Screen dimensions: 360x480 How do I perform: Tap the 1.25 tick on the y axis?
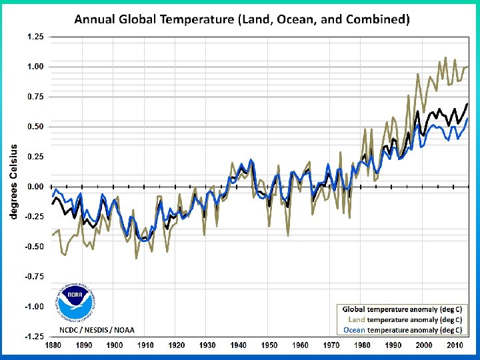tap(35, 37)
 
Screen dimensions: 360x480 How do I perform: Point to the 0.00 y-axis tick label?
tap(35, 187)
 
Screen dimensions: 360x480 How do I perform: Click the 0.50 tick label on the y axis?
tap(35, 127)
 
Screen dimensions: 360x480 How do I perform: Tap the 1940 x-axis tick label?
tap(238, 345)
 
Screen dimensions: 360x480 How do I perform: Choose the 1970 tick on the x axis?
tap(331, 345)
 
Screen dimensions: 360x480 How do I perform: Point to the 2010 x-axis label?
tap(455, 345)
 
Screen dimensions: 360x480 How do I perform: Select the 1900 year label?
tap(115, 345)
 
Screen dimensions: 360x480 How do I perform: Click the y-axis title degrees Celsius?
tap(13, 181)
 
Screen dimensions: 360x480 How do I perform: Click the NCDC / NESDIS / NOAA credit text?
tap(97, 330)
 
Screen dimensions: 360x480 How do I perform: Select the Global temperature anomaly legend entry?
tap(402, 309)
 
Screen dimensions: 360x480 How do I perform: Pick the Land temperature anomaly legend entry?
tap(402, 319)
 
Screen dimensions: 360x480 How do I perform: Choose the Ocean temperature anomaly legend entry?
tap(402, 329)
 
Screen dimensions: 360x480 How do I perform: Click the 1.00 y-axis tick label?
tap(35, 67)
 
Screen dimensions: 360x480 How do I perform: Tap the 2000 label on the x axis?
tap(425, 345)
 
